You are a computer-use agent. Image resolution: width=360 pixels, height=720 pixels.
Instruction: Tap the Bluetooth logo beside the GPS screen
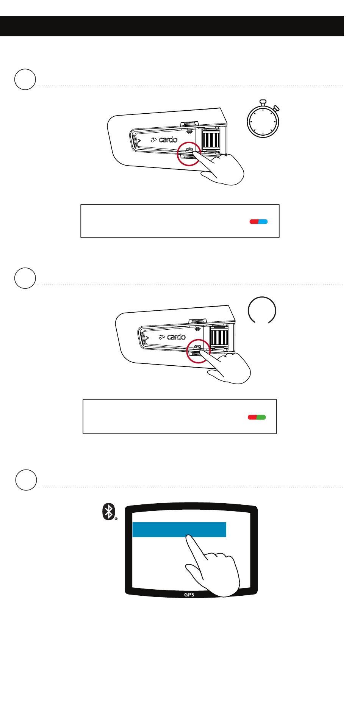(x=109, y=512)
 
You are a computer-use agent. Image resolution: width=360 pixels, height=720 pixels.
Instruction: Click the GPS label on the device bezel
(x=189, y=595)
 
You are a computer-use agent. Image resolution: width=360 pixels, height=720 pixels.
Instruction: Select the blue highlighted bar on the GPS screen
(x=179, y=529)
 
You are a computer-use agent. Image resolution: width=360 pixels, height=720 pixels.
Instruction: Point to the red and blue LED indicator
(x=258, y=222)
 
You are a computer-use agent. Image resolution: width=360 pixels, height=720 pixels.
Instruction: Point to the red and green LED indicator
(x=257, y=417)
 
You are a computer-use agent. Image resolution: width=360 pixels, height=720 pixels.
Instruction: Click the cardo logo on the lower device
(x=172, y=337)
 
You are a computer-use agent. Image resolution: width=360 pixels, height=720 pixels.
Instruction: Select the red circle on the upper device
(x=189, y=153)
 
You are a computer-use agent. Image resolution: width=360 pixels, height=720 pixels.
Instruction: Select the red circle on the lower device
(x=198, y=351)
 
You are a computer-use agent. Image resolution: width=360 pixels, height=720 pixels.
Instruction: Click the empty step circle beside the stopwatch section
(x=25, y=79)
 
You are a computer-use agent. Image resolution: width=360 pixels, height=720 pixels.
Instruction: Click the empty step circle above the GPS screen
(x=26, y=480)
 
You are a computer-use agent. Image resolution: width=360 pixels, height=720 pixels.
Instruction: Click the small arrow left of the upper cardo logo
(x=138, y=141)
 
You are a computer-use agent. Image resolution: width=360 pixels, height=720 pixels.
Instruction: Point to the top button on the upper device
(x=189, y=124)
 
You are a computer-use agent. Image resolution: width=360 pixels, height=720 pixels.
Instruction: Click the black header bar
(x=172, y=26)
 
